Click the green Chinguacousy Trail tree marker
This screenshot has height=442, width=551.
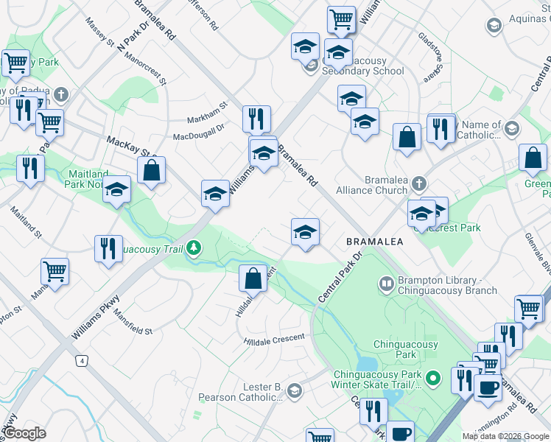point(194,248)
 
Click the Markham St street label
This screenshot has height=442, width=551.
point(208,111)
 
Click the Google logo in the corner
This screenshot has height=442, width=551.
point(25,432)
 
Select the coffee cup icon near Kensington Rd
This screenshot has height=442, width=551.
point(487,387)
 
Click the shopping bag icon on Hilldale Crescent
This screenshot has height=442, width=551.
point(253,278)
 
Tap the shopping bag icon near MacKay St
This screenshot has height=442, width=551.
point(151,170)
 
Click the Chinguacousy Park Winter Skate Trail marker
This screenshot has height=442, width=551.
point(434,379)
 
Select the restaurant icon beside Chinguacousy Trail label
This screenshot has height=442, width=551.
point(109,248)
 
